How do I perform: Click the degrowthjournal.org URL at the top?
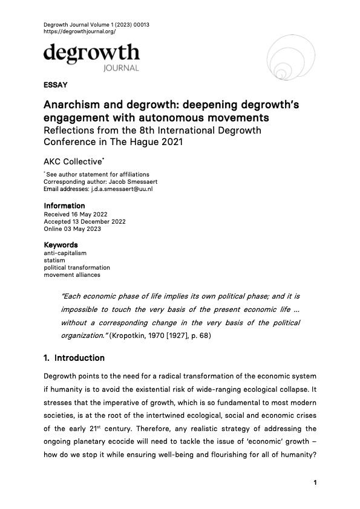coord(80,31)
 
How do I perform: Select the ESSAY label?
coord(55,85)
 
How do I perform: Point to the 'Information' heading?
coord(63,206)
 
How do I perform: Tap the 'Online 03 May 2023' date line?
coord(72,229)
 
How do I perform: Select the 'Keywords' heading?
coord(61,245)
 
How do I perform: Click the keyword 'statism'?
coord(54,260)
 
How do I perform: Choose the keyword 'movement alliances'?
coord(73,275)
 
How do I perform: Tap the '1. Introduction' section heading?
coord(74,358)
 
